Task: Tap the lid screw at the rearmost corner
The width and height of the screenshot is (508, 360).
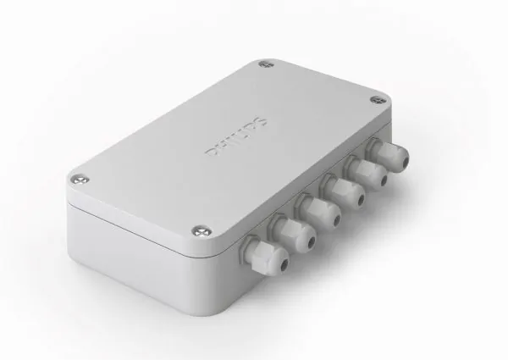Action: [268, 64]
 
